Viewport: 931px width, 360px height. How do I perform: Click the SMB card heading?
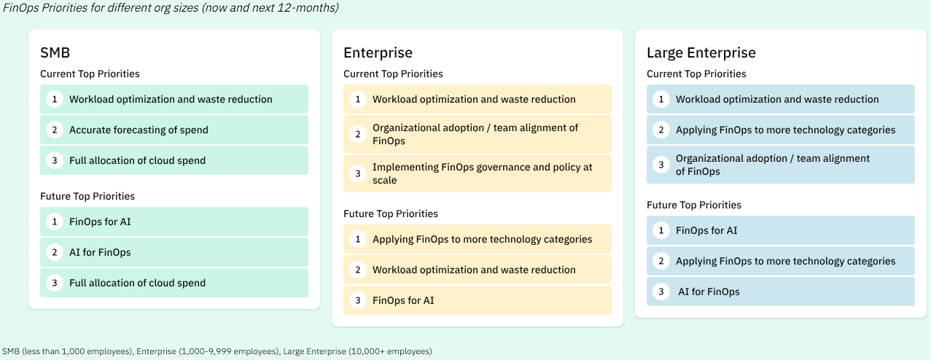55,52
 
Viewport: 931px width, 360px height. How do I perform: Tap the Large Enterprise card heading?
701,52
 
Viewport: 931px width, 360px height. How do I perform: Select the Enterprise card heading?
378,52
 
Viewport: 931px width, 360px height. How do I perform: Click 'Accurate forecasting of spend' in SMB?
139,130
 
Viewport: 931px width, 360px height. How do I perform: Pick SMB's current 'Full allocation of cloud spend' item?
137,160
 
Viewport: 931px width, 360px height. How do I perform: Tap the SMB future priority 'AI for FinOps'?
100,252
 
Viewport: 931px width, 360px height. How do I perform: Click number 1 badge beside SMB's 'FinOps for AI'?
54,222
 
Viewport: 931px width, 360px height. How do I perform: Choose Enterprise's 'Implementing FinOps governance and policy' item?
482,173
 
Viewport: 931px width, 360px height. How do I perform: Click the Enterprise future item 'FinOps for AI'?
403,300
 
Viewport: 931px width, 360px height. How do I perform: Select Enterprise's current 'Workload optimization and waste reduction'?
474,99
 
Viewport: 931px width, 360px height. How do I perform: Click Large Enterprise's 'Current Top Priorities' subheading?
696,74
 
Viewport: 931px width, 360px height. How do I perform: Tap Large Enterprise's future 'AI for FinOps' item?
709,291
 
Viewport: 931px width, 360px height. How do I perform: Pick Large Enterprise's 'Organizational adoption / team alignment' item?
773,165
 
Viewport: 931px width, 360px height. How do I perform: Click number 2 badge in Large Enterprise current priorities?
661,130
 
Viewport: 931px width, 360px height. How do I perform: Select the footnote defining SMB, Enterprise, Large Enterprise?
217,351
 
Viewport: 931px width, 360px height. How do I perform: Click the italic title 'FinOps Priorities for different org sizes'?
171,8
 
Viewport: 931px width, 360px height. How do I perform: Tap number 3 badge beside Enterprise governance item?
357,173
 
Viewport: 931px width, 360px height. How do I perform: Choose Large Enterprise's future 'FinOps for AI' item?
706,230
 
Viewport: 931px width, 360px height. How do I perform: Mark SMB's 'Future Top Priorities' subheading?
87,196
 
